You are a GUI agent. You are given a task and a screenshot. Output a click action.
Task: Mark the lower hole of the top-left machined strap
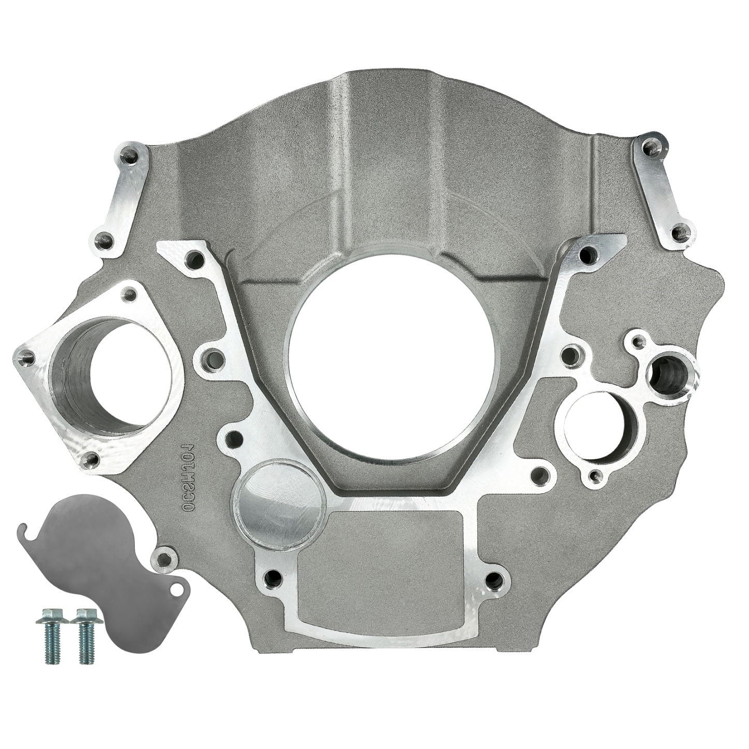click(x=104, y=239)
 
